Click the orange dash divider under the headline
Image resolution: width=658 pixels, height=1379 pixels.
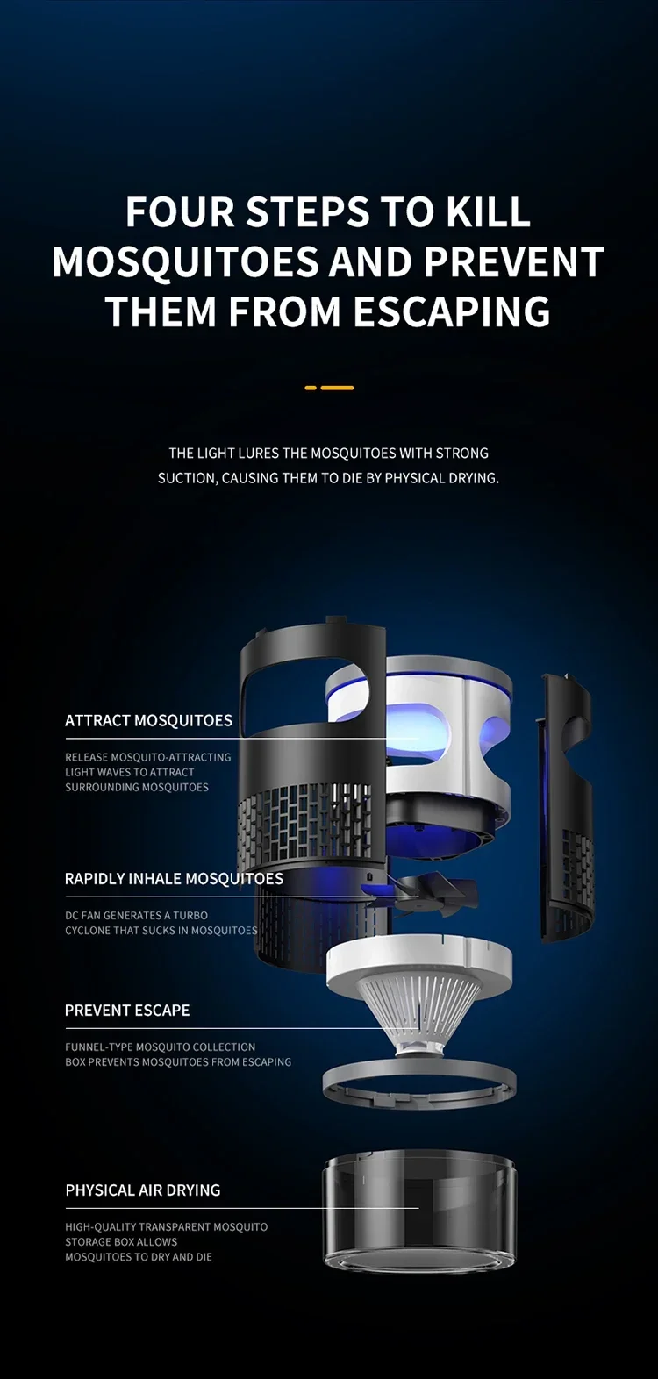(x=329, y=388)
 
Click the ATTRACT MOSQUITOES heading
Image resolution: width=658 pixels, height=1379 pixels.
(x=149, y=720)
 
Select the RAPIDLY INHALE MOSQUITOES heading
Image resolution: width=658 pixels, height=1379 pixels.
(x=175, y=878)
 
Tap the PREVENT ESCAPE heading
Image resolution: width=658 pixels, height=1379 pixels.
(x=127, y=1011)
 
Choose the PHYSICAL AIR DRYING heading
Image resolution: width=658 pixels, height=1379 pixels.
(x=143, y=1190)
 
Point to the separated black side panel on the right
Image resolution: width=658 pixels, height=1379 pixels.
(x=567, y=805)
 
